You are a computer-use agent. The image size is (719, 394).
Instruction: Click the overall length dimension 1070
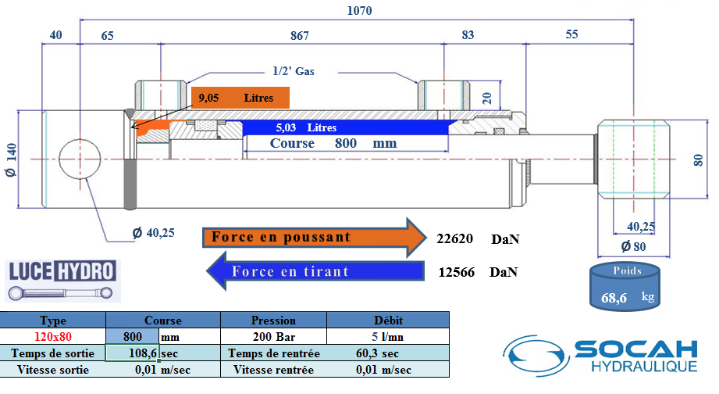coord(359,11)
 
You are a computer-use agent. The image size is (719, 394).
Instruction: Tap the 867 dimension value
coord(300,36)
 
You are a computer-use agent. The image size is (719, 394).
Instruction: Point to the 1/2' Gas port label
coord(294,70)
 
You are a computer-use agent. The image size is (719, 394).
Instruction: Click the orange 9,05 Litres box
coord(240,98)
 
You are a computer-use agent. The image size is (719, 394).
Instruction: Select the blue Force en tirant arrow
coord(312,271)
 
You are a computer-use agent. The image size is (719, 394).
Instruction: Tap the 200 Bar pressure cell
coord(273,337)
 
